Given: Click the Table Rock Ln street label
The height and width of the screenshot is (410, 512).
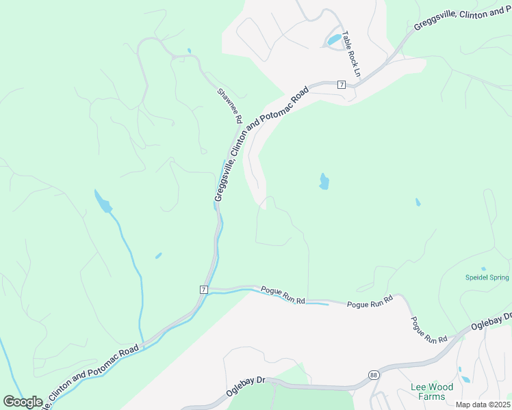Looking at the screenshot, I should click(x=352, y=54).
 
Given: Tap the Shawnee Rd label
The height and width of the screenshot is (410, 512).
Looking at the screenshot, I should click(x=229, y=105).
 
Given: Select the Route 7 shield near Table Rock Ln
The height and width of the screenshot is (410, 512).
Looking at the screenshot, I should click(x=341, y=84).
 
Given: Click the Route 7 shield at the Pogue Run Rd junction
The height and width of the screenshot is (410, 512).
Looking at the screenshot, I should click(x=203, y=290).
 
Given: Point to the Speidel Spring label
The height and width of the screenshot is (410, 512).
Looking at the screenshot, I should click(x=487, y=277).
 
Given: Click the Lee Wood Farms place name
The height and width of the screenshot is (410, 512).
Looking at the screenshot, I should click(x=427, y=392).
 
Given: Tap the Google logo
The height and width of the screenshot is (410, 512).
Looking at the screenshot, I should click(x=23, y=402).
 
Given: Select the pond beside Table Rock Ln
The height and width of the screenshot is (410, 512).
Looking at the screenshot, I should click(x=334, y=40).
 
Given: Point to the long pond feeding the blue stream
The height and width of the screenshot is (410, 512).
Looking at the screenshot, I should click(x=102, y=202).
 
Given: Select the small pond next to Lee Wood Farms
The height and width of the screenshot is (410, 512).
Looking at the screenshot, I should click(x=465, y=379).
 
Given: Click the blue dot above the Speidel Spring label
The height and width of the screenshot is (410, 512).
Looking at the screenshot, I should click(x=483, y=269).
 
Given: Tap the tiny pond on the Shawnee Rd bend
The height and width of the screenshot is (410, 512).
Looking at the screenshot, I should click(x=188, y=51).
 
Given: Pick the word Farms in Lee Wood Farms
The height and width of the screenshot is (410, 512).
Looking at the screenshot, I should click(x=432, y=396).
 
